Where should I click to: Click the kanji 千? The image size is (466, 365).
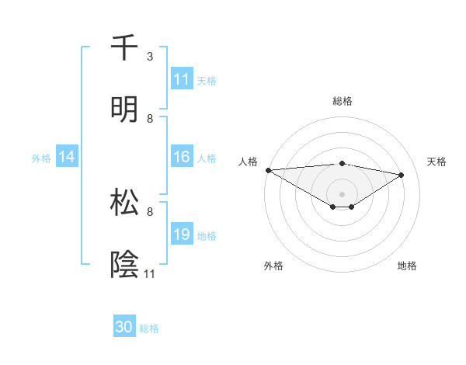coord(124,47)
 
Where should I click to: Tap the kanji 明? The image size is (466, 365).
coord(124,109)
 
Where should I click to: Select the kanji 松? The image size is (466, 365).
coord(124,203)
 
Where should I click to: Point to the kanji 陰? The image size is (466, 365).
coord(124,264)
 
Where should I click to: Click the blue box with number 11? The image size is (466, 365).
coord(182,79)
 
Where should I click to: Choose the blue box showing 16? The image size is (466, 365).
coord(182,158)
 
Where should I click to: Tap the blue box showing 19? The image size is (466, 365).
coord(182,235)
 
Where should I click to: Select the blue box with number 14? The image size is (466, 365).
coord(68,158)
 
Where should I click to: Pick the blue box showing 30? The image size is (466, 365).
coord(124,327)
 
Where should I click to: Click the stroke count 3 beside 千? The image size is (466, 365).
coord(150,57)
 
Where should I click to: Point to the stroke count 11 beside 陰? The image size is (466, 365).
coord(150,273)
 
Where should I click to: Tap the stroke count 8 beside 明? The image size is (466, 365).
coord(150,118)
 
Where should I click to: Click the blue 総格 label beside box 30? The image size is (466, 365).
coord(149,328)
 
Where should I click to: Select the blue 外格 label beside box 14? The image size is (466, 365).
coord(41,158)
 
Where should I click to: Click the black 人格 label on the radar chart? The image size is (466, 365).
coord(248,162)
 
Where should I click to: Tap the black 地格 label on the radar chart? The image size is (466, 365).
coord(407,266)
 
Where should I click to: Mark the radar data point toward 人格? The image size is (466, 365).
coord(268,170)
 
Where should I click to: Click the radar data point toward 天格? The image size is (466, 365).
coord(402,175)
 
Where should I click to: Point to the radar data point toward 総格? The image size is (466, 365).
coord(342,163)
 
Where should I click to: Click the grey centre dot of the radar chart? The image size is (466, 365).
coord(342,193)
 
